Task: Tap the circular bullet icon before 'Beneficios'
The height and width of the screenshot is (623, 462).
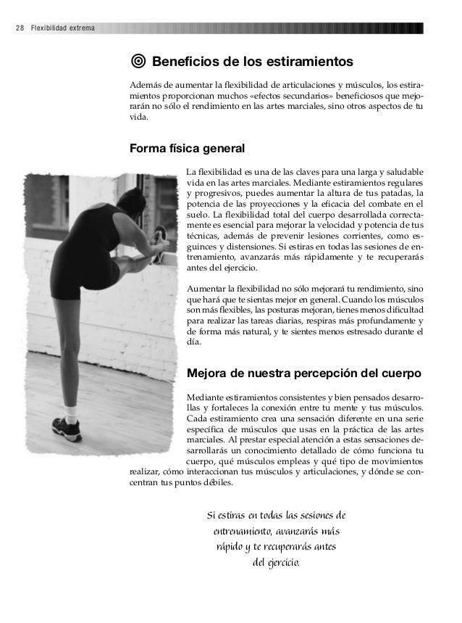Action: point(138,59)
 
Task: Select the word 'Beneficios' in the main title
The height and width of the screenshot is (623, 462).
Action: point(190,59)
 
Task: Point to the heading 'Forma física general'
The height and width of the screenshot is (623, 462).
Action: point(187,149)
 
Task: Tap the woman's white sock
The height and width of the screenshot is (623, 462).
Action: point(71,411)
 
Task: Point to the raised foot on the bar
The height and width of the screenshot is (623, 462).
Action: point(161,237)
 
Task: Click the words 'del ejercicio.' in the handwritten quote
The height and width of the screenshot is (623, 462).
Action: point(276,563)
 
